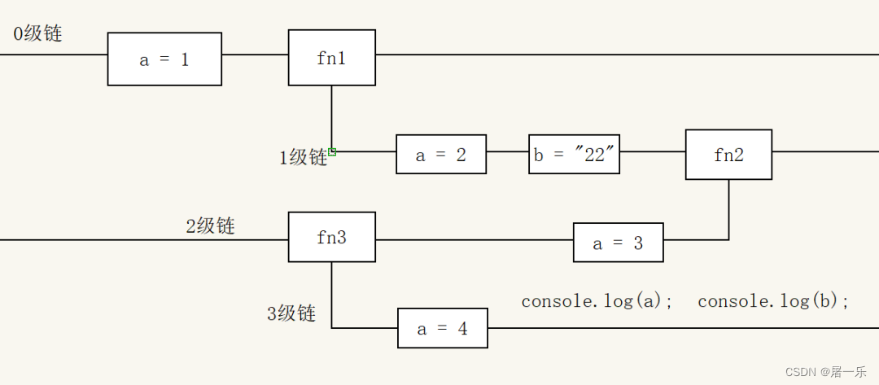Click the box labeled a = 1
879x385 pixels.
pos(164,59)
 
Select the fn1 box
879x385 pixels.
pos(331,58)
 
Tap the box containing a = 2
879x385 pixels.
pos(441,155)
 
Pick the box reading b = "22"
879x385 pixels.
pos(575,155)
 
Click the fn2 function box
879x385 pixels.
pos(728,155)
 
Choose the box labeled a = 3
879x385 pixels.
pos(618,243)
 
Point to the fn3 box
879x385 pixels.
pos(331,238)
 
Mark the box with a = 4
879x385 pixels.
pos(442,328)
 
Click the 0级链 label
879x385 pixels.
pos(37,34)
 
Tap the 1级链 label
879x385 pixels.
pos(303,157)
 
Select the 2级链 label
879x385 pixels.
pos(210,225)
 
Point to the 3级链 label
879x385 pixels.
pos(291,313)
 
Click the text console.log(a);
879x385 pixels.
pos(597,301)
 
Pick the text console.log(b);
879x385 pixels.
pos(773,301)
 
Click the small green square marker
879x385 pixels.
pos(333,151)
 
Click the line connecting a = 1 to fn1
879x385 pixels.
pos(255,55)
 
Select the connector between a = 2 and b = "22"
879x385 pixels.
pos(507,151)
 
